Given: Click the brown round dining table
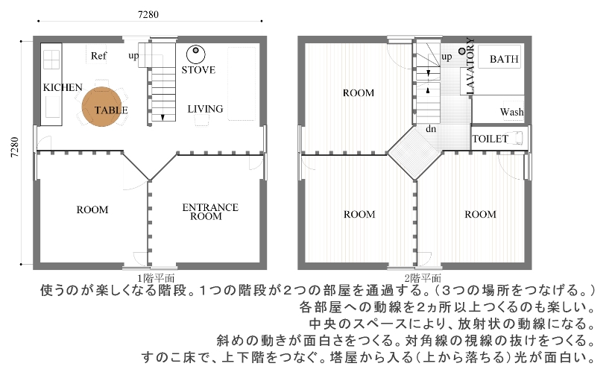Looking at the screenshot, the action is tap(101, 107).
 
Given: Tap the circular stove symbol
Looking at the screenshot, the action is tap(196, 54).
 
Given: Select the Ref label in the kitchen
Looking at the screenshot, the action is tap(98, 56).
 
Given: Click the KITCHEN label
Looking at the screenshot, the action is tap(63, 87).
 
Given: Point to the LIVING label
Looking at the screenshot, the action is tap(205, 109).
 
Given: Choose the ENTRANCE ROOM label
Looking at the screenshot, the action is tap(210, 212).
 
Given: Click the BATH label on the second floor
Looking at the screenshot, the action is tap(504, 59).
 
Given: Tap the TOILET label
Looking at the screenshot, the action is tap(491, 139).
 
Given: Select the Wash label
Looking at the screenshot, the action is tap(512, 112).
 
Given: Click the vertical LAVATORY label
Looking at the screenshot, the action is tap(470, 66).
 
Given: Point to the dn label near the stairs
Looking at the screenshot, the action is tap(431, 129).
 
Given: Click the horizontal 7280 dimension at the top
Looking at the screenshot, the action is tap(148, 14).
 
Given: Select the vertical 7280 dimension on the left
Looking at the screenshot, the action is tap(14, 147).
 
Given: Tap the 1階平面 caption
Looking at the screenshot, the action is tap(156, 278).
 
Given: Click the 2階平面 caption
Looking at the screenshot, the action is tap(423, 278).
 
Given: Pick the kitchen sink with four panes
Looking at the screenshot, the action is tap(51, 60).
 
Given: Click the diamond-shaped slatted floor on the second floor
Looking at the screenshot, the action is tap(414, 153).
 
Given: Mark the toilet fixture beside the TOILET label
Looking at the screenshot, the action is tap(516, 138).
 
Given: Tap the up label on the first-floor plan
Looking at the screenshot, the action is tap(133, 56).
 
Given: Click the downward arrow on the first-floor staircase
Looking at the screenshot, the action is tap(163, 117).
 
